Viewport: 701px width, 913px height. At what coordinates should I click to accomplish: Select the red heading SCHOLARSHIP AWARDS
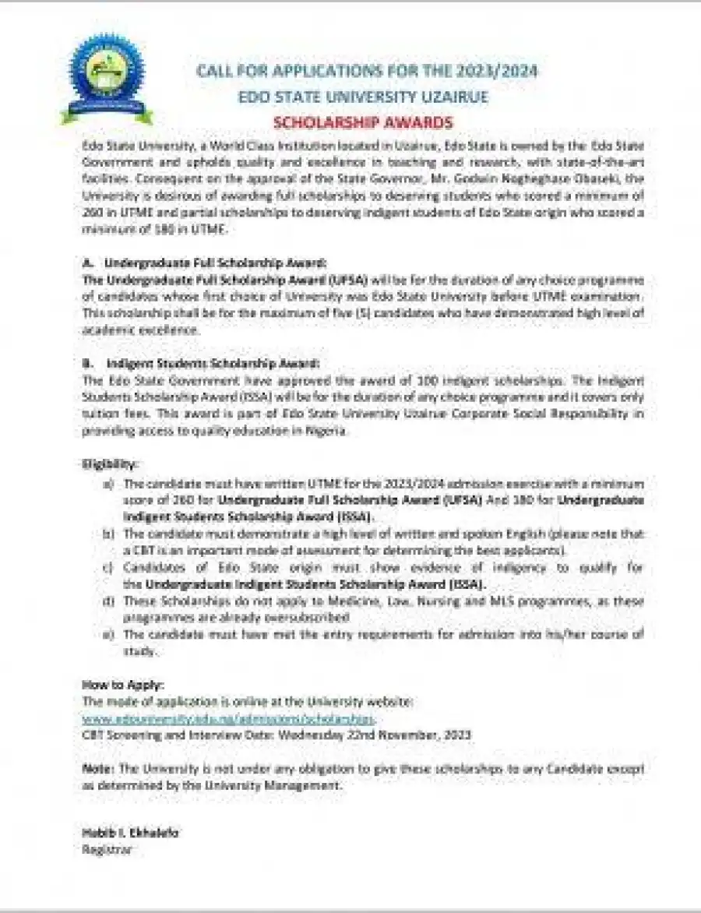click(x=363, y=123)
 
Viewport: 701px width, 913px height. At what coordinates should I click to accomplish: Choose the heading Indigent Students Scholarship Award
click(x=213, y=364)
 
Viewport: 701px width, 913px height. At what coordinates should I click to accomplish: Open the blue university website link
click(x=228, y=717)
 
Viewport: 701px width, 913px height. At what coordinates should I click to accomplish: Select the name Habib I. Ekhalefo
click(x=131, y=833)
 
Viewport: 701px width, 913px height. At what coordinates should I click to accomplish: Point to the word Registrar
click(x=107, y=849)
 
